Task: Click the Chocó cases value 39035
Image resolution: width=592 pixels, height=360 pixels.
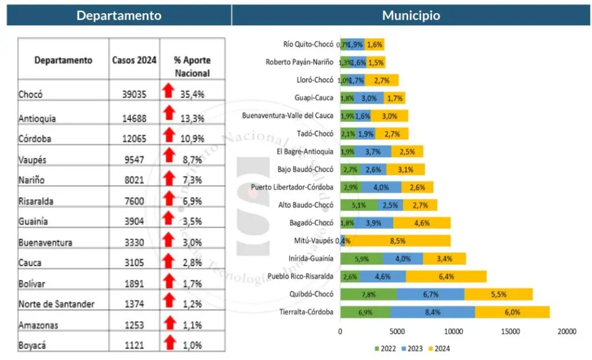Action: [x=134, y=94]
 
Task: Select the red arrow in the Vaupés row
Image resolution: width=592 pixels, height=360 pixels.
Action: [x=168, y=155]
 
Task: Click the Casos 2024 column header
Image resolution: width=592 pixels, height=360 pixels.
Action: [x=134, y=60]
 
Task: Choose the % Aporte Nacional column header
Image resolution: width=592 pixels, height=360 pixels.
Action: [x=192, y=66]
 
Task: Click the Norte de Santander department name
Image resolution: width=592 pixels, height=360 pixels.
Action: [x=56, y=304]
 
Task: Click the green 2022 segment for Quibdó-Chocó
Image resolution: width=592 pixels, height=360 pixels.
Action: [x=368, y=294]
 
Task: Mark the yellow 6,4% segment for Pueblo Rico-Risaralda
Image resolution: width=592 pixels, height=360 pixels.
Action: [x=446, y=276]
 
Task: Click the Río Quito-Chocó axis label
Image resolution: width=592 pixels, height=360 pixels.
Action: [x=308, y=44]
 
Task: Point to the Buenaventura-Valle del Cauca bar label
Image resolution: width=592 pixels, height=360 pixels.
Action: [x=288, y=116]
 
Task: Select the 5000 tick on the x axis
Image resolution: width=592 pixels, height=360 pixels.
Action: [x=397, y=332]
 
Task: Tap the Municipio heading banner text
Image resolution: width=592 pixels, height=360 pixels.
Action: [x=411, y=16]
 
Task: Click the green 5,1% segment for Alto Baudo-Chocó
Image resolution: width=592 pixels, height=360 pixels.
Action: [x=358, y=205]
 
